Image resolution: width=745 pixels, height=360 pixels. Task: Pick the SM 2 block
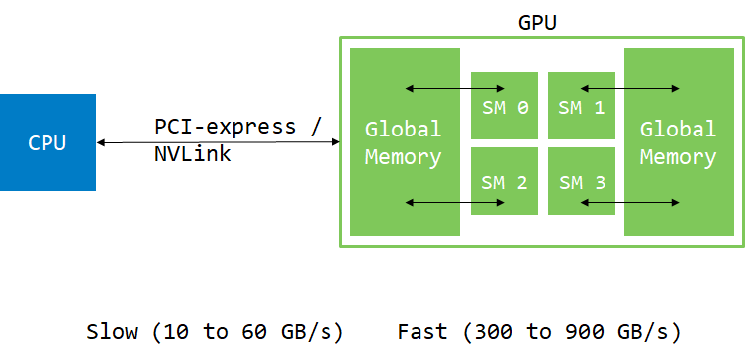click(505, 182)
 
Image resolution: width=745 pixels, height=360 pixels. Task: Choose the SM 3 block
click(582, 182)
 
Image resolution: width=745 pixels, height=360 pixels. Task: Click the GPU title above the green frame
click(537, 22)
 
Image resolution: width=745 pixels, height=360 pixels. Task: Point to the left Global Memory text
click(404, 142)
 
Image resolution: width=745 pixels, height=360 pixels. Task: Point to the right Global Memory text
click(678, 142)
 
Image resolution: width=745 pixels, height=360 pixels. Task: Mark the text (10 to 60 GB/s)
click(247, 331)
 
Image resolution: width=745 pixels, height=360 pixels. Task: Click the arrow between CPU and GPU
click(218, 142)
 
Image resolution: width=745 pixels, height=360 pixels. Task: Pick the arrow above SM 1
click(629, 90)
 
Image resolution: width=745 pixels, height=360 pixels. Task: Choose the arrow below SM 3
click(629, 203)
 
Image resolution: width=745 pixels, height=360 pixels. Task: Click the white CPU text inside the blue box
click(47, 142)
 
